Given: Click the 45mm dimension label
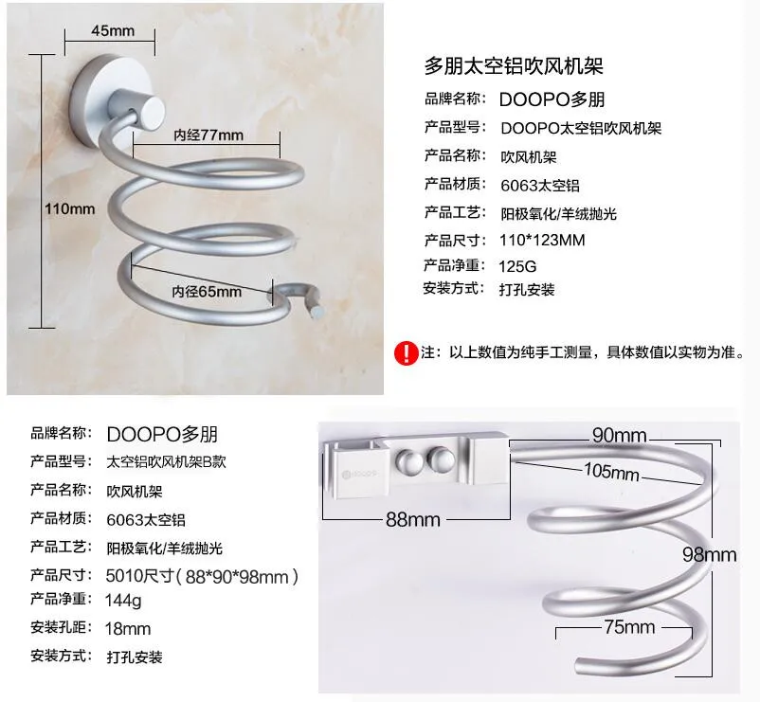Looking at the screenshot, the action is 113,31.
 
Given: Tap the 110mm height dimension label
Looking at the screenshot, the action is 70,209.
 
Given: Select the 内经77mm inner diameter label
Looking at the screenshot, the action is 208,135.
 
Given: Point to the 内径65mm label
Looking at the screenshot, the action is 207,292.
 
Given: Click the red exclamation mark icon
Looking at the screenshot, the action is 407,352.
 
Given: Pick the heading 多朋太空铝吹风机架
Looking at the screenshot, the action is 514,66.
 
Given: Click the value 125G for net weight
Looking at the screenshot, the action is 517,266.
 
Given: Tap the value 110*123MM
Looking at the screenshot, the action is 542,240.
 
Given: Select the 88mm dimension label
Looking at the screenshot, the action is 413,520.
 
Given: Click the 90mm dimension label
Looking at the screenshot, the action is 620,435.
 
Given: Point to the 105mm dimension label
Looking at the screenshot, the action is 611,471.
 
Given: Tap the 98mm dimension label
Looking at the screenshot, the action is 710,555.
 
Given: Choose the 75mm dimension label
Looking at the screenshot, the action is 629,627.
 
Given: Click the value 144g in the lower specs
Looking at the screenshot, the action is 123,601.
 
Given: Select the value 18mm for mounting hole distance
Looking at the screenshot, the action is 128,629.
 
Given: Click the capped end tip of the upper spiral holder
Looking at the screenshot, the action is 317,312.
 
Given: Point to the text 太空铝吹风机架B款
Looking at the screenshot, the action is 166,461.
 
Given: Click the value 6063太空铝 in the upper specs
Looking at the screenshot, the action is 540,186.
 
